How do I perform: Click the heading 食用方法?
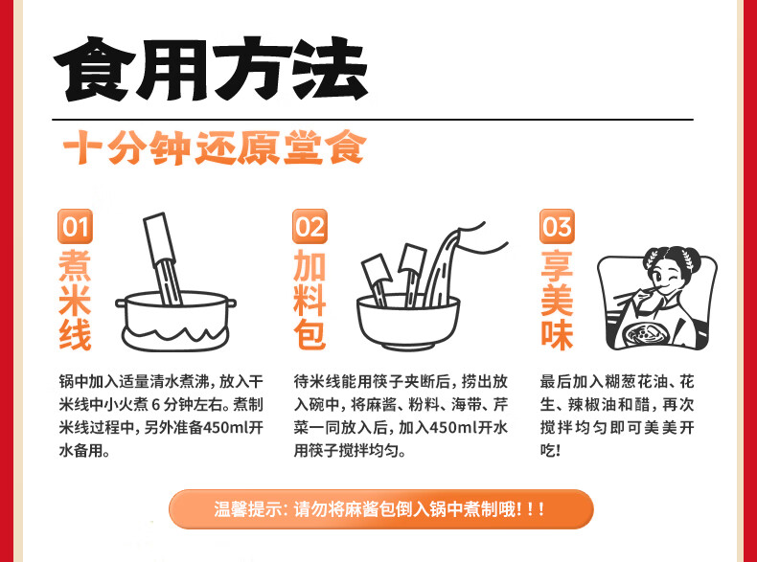tap(211, 69)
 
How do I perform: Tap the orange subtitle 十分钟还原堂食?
tap(215, 147)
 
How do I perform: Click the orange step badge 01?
tap(75, 226)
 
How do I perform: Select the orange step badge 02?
tap(310, 226)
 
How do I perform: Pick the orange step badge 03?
tap(557, 226)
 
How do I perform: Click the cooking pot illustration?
tap(175, 321)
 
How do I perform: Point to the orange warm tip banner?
tap(381, 509)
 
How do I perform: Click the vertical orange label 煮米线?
tap(75, 300)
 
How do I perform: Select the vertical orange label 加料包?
tap(310, 300)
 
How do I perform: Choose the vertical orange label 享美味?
tap(557, 300)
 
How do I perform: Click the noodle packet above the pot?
tap(162, 259)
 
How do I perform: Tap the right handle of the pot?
tap(232, 303)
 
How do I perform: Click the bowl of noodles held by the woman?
tap(646, 334)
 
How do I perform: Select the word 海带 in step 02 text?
tap(466, 404)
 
